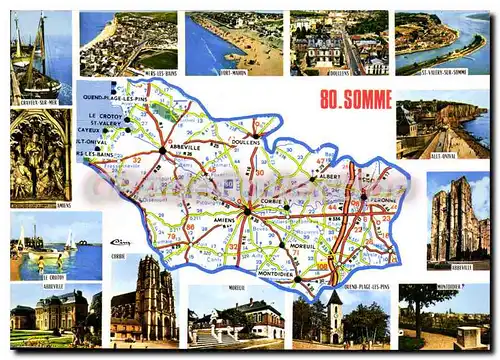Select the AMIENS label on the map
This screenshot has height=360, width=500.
[x=225, y=220]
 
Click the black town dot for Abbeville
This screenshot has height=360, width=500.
[x=161, y=151]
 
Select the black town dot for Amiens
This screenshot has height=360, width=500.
[x=247, y=212]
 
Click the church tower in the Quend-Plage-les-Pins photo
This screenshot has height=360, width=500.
[x=334, y=315]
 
